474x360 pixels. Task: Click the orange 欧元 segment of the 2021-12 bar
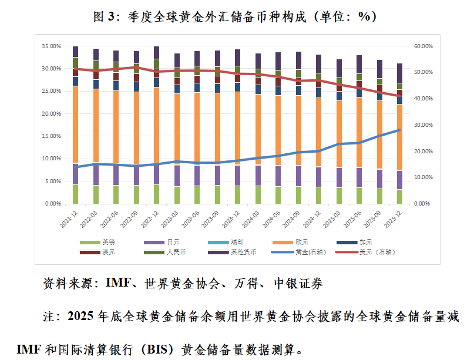tap(75, 123)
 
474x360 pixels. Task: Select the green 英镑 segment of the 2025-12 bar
tap(399, 196)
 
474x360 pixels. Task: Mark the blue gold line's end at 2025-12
tap(399, 130)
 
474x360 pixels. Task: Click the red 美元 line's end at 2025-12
tap(399, 96)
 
